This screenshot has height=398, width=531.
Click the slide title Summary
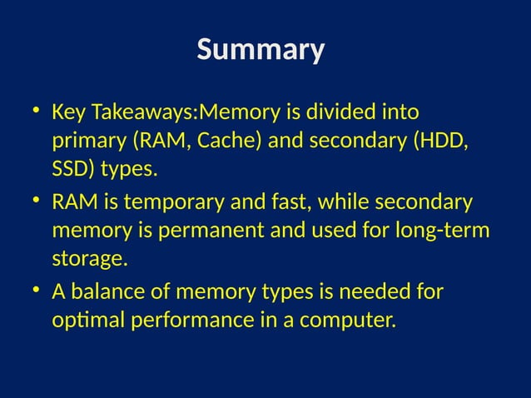pyautogui.click(x=261, y=51)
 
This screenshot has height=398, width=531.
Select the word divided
pyautogui.click(x=345, y=112)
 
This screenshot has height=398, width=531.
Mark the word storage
pyautogui.click(x=89, y=261)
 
